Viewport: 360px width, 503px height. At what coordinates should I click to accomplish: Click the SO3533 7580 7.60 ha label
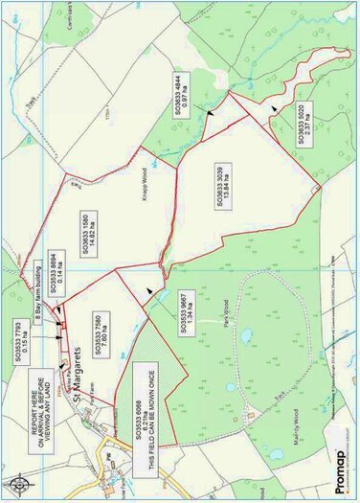(x=93, y=336)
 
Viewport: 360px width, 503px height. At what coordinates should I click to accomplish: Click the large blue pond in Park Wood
(x=246, y=336)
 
